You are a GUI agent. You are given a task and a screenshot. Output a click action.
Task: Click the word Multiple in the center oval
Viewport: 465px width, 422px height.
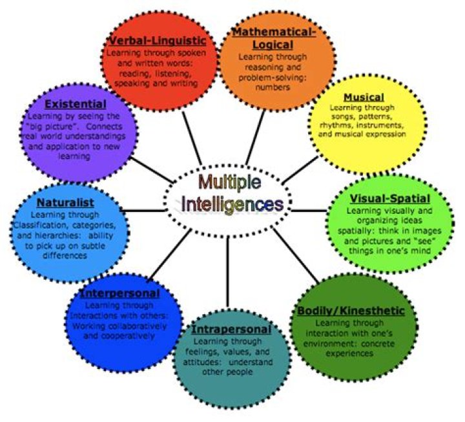click(230, 182)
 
